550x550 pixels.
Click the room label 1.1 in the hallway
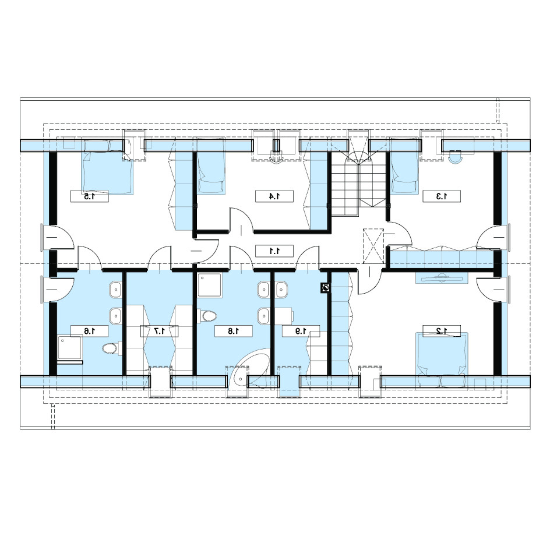click(274, 251)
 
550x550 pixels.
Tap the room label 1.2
click(441, 330)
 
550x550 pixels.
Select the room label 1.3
click(442, 196)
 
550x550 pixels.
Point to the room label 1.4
click(274, 196)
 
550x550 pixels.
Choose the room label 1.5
click(90, 196)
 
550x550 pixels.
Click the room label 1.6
click(90, 331)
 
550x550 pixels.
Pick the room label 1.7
click(159, 331)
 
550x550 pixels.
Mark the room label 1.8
click(234, 331)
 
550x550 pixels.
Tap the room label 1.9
click(301, 331)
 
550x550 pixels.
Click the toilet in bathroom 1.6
click(111, 348)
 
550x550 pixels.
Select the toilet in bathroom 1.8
click(207, 316)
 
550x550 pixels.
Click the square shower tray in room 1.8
click(209, 285)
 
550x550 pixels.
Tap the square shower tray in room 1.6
click(69, 347)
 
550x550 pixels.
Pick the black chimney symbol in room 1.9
click(326, 288)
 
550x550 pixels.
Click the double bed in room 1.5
click(107, 166)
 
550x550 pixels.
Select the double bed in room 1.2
click(442, 360)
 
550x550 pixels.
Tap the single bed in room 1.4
click(211, 165)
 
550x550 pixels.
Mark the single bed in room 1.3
click(405, 165)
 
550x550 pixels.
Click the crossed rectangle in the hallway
click(373, 246)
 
